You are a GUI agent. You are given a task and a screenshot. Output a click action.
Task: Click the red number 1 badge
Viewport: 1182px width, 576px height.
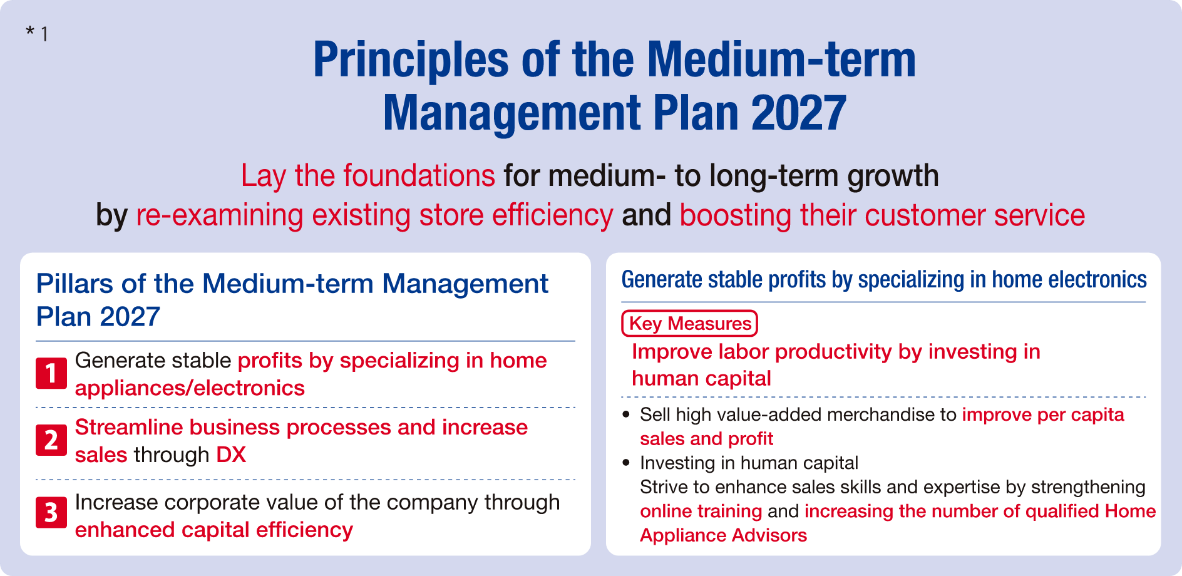click(51, 374)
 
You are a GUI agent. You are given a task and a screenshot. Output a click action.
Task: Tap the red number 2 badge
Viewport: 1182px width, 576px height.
click(51, 440)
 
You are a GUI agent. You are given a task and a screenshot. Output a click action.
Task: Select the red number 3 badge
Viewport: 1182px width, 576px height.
click(51, 513)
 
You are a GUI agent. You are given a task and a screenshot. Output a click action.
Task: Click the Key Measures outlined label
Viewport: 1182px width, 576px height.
click(689, 324)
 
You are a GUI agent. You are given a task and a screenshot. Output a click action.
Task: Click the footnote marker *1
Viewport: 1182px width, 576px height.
click(37, 33)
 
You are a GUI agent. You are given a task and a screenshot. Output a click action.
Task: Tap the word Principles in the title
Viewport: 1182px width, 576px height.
click(411, 60)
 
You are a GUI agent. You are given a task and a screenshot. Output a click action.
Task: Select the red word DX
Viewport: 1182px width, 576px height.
click(231, 455)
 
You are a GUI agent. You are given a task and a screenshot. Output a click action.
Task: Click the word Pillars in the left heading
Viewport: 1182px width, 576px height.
click(75, 284)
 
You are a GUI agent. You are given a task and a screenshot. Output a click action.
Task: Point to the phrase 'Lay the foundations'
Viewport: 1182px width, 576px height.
click(368, 176)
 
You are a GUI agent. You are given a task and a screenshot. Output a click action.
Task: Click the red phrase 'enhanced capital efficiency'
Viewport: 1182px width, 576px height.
click(213, 530)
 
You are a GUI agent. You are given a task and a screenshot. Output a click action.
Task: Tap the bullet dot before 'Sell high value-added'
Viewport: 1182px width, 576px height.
click(626, 414)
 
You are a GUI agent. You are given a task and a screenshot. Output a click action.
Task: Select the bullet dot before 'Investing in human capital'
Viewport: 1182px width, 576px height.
click(626, 463)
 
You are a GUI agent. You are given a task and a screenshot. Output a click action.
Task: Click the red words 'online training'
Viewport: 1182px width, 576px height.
click(701, 512)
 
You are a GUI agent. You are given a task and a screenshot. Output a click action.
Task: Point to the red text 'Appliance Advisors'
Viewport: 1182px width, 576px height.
click(723, 536)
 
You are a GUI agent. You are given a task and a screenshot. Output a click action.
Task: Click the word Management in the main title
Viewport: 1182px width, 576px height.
click(513, 113)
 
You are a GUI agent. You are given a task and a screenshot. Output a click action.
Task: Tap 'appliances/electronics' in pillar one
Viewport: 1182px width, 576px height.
click(190, 388)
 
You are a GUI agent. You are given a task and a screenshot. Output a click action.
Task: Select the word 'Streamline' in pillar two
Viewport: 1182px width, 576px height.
click(128, 428)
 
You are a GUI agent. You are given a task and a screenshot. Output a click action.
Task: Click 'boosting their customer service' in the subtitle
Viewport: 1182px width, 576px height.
click(881, 215)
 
